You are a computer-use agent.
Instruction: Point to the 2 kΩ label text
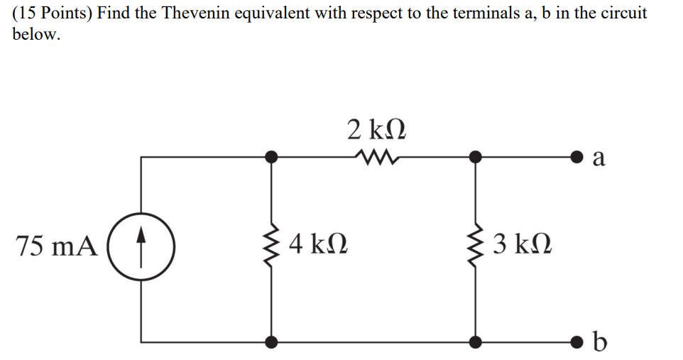(x=377, y=130)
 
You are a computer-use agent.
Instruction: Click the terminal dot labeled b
(x=580, y=342)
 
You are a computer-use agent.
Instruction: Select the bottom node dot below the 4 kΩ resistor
(x=271, y=342)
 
